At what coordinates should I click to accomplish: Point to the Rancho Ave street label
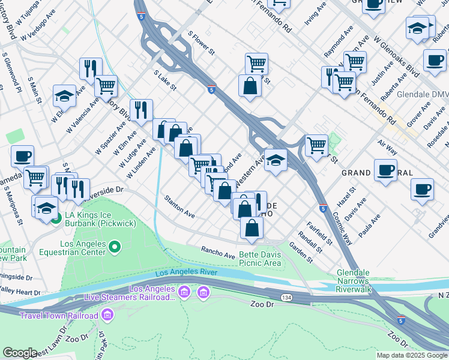[x=218, y=253]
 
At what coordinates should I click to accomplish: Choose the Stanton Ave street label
[x=180, y=206]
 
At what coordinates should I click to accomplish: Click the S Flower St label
[x=201, y=43]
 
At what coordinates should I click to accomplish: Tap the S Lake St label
[x=164, y=80]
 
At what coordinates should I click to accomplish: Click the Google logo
[x=20, y=353]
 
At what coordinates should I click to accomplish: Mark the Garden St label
[x=301, y=253]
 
